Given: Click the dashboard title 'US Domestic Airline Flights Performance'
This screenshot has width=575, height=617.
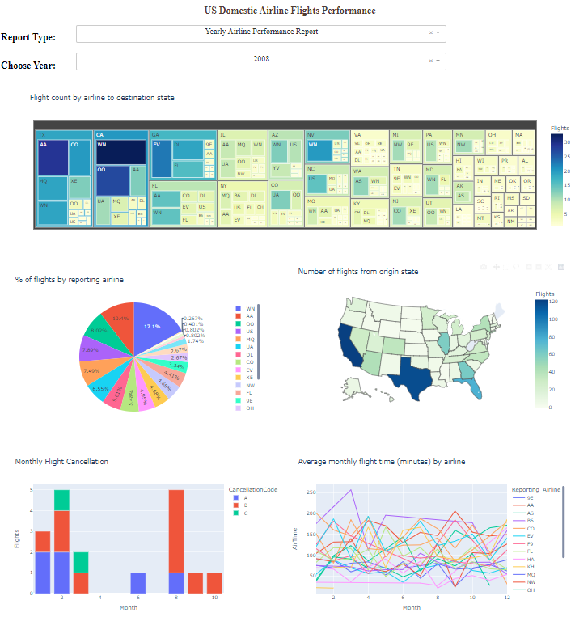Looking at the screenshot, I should (290, 11).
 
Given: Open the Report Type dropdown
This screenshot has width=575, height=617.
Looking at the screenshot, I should (260, 32).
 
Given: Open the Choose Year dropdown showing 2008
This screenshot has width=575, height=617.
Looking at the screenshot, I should (260, 60).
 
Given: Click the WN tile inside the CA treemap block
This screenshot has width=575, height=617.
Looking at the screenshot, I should (120, 152).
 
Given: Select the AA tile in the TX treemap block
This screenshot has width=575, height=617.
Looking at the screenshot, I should (53, 156).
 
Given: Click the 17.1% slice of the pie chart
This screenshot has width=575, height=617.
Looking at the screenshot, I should (151, 326).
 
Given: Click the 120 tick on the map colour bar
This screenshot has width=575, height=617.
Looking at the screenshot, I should (554, 302).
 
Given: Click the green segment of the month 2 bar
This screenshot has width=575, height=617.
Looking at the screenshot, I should (62, 501).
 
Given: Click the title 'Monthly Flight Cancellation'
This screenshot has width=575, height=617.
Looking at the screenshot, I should (61, 462).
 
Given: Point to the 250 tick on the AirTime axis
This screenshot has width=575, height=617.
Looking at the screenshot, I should (305, 492).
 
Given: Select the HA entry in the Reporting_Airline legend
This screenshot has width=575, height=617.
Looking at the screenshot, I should (530, 559).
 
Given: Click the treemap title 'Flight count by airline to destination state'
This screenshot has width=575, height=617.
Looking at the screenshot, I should (102, 98).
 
